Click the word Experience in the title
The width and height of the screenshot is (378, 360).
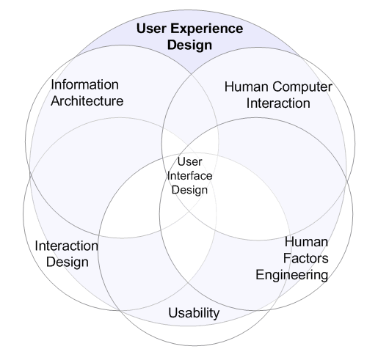pos(207,29)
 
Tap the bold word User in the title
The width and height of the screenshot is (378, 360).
pos(151,29)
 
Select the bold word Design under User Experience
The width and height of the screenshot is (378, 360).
pos(189,45)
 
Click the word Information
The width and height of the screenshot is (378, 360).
pos(84,85)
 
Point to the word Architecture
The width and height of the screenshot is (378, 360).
pos(87,101)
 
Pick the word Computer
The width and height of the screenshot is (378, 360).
pos(302,87)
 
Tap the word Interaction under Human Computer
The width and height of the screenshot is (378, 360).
pos(278,103)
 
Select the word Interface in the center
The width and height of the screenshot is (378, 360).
pos(189,176)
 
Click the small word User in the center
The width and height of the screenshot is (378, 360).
pos(189,162)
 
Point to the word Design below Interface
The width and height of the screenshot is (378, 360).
pos(189,191)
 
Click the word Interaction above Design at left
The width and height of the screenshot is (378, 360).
pos(66,246)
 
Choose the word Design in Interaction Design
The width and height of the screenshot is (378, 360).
pos(68,262)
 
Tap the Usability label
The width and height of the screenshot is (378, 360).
pos(194,313)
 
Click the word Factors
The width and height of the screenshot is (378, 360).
pos(306,259)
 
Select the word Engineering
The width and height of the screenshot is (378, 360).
pos(292,276)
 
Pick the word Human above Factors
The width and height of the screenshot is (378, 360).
pos(306,242)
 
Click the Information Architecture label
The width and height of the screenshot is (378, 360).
pos(87,93)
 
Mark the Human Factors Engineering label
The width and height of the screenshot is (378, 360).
pos(292,260)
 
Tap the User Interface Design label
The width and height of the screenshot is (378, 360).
pos(189,177)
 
